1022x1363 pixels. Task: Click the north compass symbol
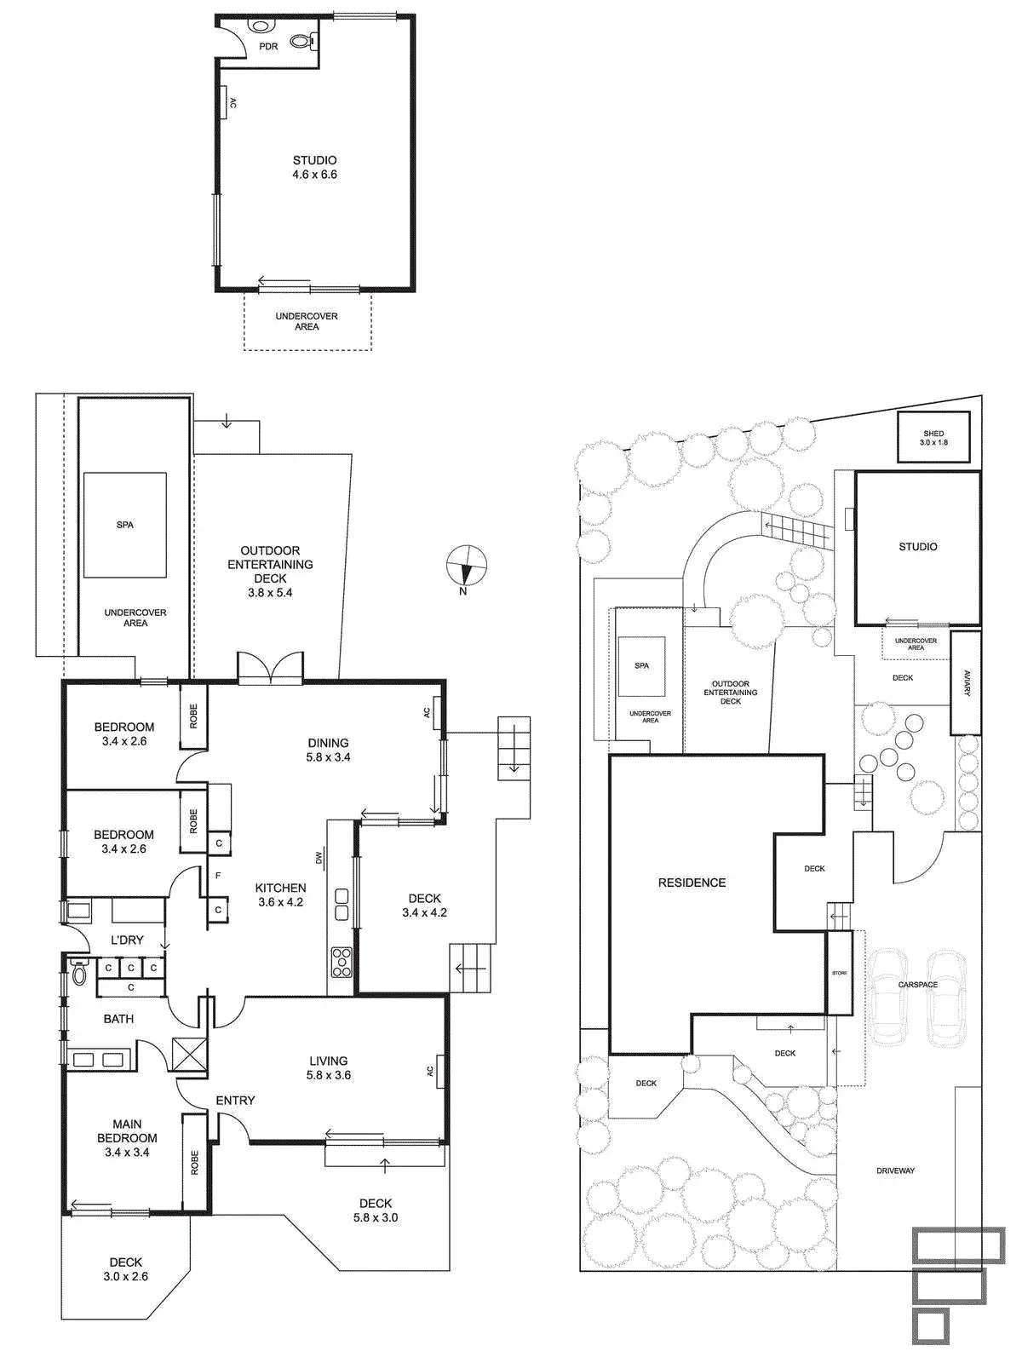(466, 566)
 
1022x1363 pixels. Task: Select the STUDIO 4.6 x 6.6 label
(314, 168)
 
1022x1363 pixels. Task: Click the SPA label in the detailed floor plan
(124, 525)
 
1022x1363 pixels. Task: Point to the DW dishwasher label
(319, 858)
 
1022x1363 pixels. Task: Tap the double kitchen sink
(342, 904)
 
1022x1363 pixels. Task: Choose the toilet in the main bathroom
(79, 972)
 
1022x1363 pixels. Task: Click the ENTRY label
(235, 1101)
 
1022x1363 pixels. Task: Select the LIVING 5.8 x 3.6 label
(328, 1068)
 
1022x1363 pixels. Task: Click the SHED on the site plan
(933, 437)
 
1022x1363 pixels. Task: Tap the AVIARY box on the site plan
(966, 683)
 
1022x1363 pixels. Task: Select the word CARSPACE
(918, 985)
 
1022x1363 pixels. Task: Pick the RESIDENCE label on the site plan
(692, 883)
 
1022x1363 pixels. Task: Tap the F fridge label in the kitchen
(218, 876)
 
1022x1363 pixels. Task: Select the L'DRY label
(127, 940)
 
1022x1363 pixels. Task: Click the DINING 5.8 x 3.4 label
(328, 750)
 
